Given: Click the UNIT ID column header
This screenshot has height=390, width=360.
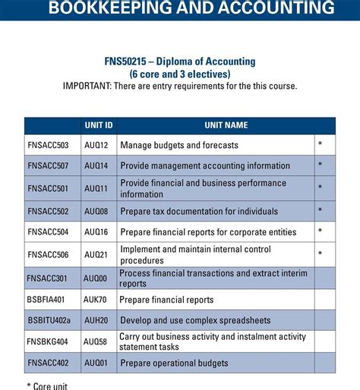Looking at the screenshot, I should [98, 125].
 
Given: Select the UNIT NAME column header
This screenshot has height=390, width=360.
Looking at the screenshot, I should [226, 125].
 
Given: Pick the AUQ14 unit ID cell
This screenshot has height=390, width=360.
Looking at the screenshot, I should [96, 165].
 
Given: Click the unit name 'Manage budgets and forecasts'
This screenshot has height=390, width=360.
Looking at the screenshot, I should [179, 145].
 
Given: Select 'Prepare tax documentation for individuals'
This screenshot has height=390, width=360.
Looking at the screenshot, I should [199, 211].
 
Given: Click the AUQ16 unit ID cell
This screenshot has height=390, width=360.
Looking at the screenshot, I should [96, 232].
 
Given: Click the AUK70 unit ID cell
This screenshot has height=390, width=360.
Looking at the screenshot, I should [96, 300].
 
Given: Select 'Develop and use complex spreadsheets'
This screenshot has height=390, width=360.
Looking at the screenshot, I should [194, 321].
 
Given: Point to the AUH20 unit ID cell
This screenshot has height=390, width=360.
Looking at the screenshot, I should [96, 321].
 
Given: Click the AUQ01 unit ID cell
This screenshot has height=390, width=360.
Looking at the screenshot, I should [96, 363].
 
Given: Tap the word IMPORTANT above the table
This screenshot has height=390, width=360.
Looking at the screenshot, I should [87, 86].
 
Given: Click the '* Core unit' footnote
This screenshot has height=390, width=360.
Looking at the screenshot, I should [47, 385].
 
